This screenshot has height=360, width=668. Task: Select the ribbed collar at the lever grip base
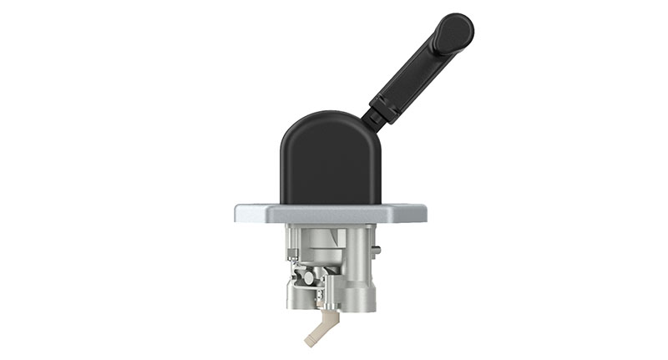(x=383, y=106)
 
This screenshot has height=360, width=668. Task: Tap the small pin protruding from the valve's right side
(x=378, y=249)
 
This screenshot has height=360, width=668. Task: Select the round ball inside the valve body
(x=308, y=276)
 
